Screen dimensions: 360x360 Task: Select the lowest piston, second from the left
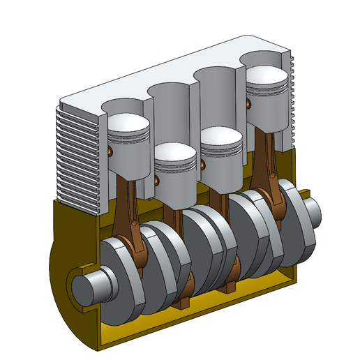[174, 153]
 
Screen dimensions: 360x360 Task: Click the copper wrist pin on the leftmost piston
[110, 150]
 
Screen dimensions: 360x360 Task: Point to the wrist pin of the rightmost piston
[248, 105]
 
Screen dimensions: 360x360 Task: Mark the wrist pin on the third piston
[202, 165]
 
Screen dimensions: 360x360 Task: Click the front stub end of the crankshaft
[91, 287]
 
